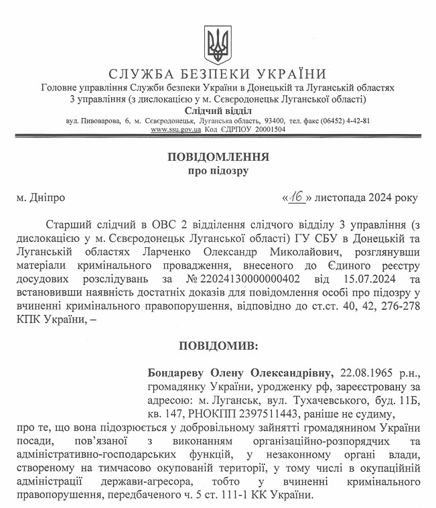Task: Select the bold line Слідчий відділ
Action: pos(218,110)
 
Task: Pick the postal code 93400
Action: pos(275,121)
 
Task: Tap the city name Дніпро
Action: pos(47,198)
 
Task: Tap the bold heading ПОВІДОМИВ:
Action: pos(218,346)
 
